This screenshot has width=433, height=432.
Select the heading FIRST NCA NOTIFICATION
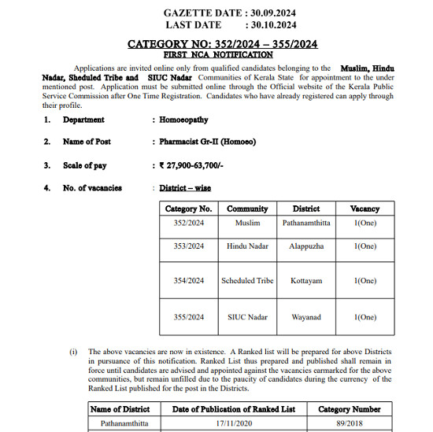tap(218, 55)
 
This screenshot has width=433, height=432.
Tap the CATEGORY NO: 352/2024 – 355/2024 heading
tap(223, 44)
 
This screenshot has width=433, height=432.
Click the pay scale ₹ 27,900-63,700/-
tap(191, 166)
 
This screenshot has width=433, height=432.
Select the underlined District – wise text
tap(185, 189)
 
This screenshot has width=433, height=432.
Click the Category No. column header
tap(189, 209)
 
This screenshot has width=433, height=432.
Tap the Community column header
tap(247, 209)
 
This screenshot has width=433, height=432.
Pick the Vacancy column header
tap(365, 209)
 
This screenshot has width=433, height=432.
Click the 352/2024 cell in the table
tap(189, 223)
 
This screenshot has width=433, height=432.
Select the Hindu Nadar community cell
tap(247, 246)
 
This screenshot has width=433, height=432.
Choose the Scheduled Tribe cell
tap(247, 281)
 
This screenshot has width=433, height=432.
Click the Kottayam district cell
tap(306, 281)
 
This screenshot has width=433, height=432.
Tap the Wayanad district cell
tap(306, 317)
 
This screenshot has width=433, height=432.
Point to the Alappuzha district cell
tap(306, 246)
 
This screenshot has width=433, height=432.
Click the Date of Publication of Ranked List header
tap(234, 409)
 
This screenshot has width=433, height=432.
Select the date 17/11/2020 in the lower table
tap(234, 423)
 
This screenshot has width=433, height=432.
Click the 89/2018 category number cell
tap(350, 423)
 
